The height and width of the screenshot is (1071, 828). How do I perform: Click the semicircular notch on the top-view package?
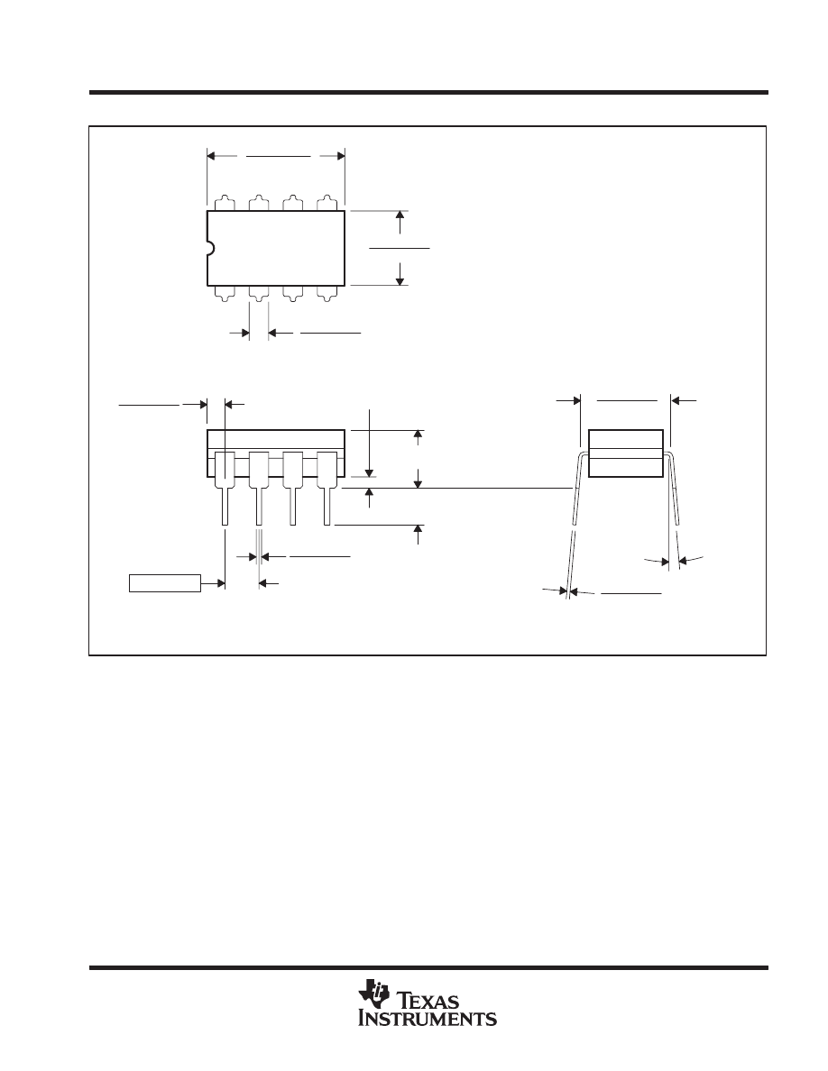click(209, 248)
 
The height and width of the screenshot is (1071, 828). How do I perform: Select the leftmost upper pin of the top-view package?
click(225, 203)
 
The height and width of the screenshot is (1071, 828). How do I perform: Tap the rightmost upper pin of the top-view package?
click(327, 203)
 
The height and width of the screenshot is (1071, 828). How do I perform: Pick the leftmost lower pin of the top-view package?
click(225, 293)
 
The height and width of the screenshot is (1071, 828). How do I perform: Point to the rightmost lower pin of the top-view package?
click(327, 293)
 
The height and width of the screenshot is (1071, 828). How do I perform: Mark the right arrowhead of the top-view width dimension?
click(340, 156)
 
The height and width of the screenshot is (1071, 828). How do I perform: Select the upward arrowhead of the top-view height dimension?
click(400, 217)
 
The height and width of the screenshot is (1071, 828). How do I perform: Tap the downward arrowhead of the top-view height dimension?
click(400, 279)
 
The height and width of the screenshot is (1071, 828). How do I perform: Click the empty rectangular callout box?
click(164, 583)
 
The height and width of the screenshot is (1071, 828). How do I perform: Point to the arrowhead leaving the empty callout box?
click(219, 583)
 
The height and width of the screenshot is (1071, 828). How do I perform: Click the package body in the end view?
click(626, 453)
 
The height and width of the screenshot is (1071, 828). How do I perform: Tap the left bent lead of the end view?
click(574, 523)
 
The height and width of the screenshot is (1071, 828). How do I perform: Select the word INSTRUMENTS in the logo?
click(428, 1019)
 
